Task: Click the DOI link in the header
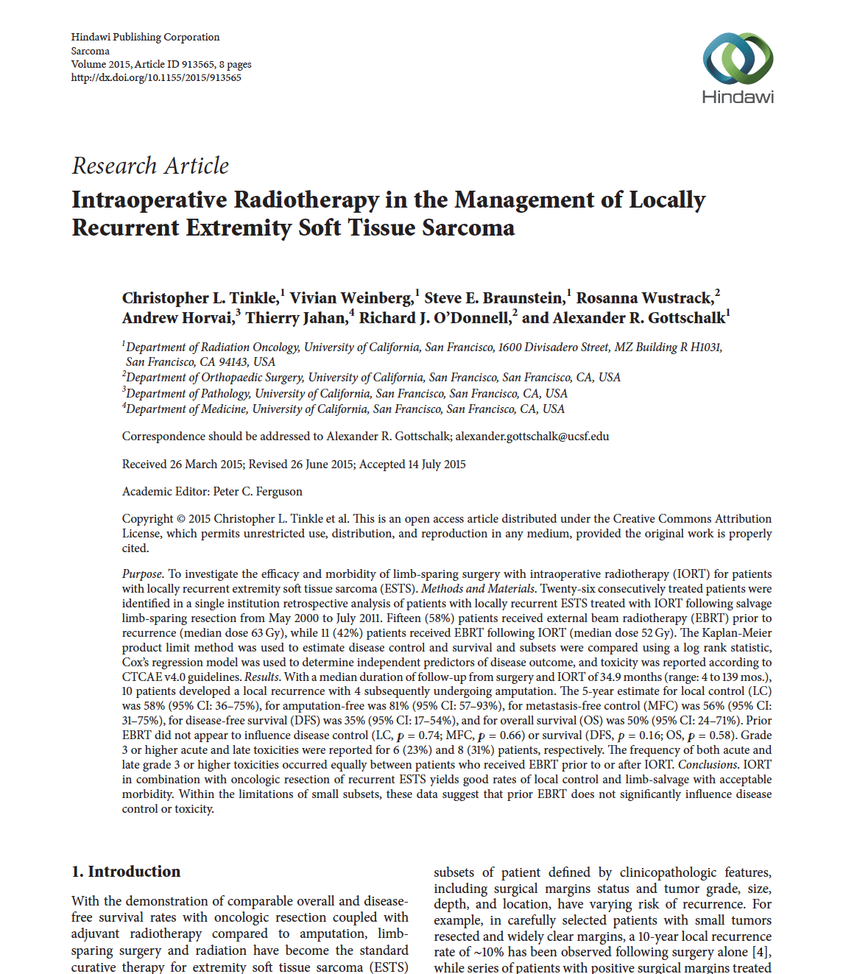[156, 77]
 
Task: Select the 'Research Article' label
[150, 166]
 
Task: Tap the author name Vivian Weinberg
[351, 298]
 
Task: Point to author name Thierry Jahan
[295, 318]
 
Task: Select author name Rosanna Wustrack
[644, 298]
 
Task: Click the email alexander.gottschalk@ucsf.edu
[532, 437]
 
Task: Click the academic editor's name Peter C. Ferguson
[258, 492]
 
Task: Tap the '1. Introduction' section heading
[126, 872]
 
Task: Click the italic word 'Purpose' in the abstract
[142, 574]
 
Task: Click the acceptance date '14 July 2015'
[437, 465]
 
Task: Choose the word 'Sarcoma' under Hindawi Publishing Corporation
[91, 51]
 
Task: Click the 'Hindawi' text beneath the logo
[738, 96]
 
